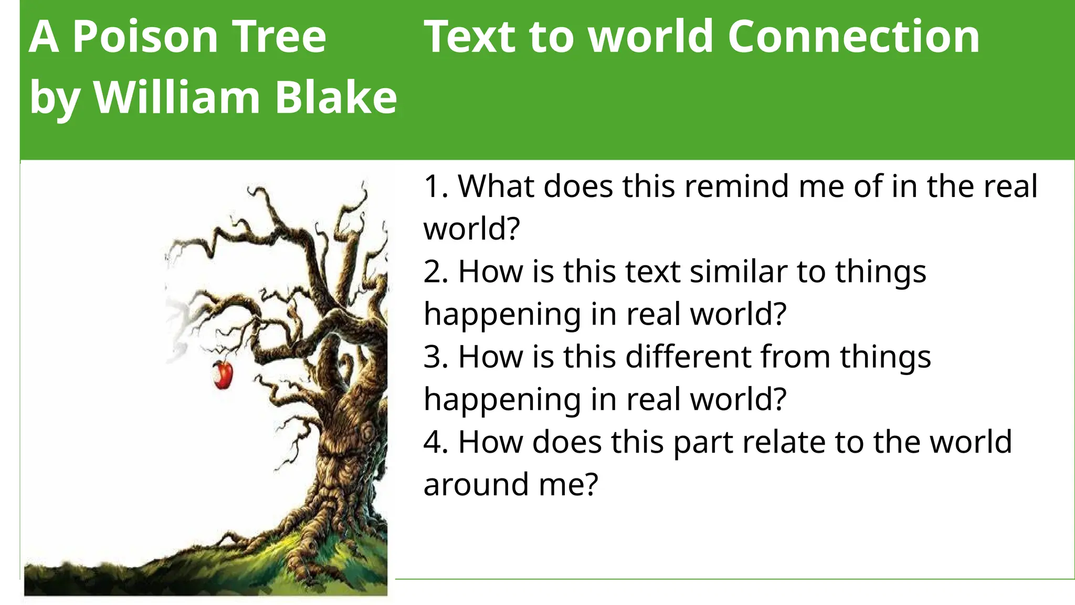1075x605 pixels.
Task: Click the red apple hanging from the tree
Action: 223,374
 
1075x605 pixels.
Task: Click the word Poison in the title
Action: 145,37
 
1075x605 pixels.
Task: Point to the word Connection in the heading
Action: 853,37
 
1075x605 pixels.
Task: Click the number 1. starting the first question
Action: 436,186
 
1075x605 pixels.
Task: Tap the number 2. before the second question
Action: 436,272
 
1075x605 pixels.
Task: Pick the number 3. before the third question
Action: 436,357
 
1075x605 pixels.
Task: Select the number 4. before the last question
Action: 436,442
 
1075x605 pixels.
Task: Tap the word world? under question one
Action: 471,229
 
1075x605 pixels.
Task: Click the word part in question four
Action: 703,442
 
